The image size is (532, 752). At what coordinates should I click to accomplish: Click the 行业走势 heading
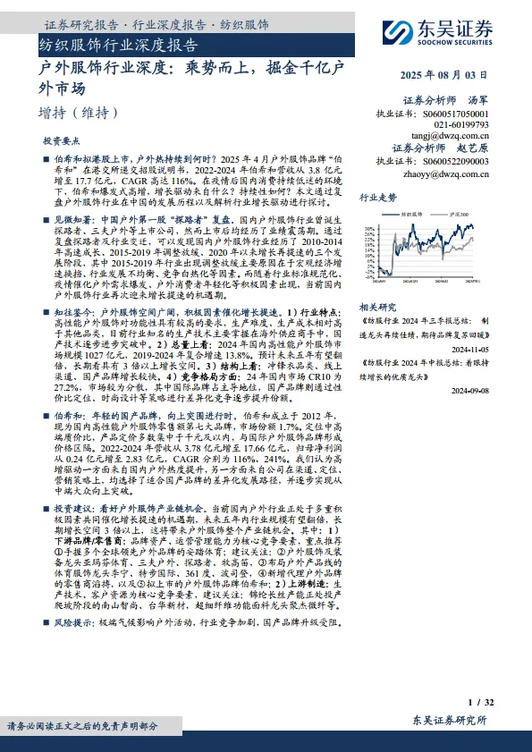377,197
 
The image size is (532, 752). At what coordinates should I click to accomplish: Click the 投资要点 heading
61,141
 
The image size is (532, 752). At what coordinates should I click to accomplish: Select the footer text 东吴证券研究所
450,721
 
